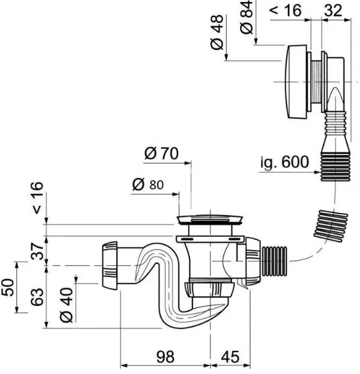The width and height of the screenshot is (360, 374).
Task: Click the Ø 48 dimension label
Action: [x=217, y=32]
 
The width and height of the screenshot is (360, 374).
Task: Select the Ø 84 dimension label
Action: [x=247, y=16]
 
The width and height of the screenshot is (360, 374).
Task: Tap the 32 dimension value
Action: [x=333, y=11]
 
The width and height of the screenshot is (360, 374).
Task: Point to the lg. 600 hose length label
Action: [x=285, y=162]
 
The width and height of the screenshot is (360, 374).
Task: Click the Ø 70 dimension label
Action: [x=162, y=153]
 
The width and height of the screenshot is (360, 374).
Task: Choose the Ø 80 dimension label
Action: [x=148, y=185]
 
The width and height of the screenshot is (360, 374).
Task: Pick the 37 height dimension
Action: [x=38, y=251]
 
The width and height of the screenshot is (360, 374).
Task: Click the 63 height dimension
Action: [x=38, y=297]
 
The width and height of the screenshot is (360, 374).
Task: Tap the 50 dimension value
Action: [x=7, y=287]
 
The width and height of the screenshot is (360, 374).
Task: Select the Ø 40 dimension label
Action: [x=67, y=305]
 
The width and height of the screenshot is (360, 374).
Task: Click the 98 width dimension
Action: [x=165, y=357]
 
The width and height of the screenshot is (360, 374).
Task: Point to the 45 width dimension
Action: [x=230, y=357]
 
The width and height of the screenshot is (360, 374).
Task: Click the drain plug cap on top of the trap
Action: [x=210, y=220]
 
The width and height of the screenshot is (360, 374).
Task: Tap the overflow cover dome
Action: [x=296, y=82]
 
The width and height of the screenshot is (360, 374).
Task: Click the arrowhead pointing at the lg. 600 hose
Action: [x=317, y=172]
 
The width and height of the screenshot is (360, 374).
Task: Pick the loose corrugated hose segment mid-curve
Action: [x=331, y=226]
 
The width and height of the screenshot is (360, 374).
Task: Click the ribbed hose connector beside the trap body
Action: [x=274, y=261]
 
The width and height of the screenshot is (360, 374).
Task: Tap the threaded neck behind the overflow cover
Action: [x=316, y=82]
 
